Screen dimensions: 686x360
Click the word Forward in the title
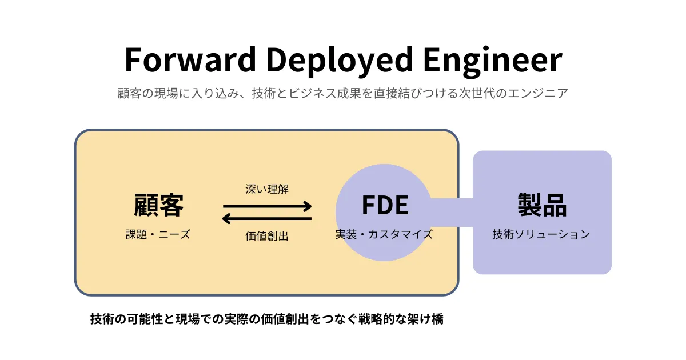(x=190, y=59)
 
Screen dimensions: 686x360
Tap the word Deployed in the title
(x=340, y=61)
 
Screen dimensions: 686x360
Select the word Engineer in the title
(x=493, y=61)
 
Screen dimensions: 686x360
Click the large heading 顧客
(x=159, y=205)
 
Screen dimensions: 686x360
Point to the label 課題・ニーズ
(x=158, y=234)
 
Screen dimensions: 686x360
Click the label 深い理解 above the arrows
(x=267, y=189)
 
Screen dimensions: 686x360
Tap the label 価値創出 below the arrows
(x=267, y=236)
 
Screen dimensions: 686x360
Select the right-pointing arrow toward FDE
(x=268, y=206)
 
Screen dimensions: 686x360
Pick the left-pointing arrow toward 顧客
(x=267, y=218)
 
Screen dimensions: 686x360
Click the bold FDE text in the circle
(x=385, y=205)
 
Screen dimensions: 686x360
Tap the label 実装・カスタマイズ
(x=384, y=234)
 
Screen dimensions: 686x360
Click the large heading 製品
(x=542, y=205)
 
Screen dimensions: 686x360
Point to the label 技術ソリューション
(x=541, y=234)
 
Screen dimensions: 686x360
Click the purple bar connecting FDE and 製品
(x=452, y=213)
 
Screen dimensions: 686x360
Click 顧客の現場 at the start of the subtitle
(x=147, y=93)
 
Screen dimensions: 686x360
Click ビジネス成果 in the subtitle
(x=325, y=93)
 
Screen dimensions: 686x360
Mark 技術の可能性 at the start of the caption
(x=126, y=319)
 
